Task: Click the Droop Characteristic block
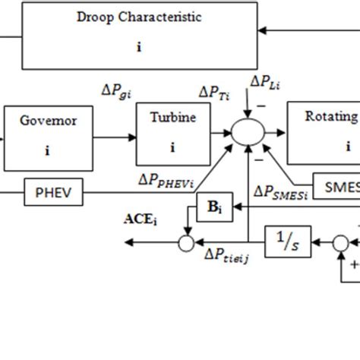pos(139,35)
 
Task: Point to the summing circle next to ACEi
pos(185,243)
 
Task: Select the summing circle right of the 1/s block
pos(341,243)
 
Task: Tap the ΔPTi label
pos(215,92)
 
